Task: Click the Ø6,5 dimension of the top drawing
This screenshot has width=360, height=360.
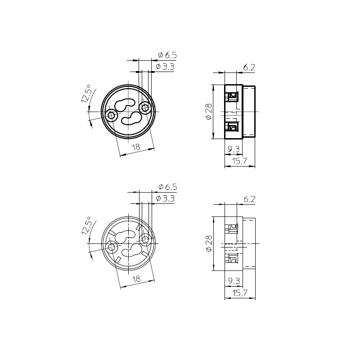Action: coord(167,55)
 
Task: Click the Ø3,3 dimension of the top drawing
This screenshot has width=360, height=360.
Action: coord(165,67)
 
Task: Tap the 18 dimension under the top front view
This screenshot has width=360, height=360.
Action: coord(136,147)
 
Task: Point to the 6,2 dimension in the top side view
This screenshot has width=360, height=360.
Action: coord(249,67)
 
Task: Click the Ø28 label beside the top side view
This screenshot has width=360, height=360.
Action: coord(209,112)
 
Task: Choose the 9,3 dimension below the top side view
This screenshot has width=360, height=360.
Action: coord(234,149)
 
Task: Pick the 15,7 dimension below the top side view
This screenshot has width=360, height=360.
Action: coord(239,161)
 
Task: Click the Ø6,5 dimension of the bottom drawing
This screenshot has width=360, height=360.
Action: coord(167,187)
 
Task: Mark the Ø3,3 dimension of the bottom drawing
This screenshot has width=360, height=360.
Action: coord(165,198)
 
